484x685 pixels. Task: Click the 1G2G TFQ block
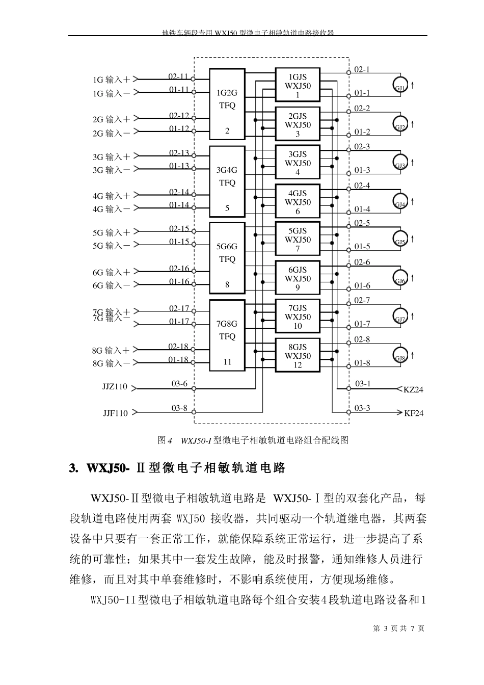pos(227,104)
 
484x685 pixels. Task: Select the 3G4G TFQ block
pos(227,181)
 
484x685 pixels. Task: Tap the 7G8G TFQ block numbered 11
pos(227,335)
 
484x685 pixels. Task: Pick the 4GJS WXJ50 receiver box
pos(298,202)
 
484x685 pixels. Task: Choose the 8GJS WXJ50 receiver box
pos(298,356)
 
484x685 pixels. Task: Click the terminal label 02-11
pos(179,76)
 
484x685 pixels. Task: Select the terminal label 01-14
pos(179,205)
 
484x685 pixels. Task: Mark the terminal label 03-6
pos(179,384)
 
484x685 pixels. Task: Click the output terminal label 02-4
pos(362,186)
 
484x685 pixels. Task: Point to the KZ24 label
pos(413,390)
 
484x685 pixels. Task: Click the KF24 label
pos(414,413)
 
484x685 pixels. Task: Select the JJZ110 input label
pos(115,387)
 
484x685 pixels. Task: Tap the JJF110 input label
pos(116,413)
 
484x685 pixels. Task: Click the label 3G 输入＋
pos(111,157)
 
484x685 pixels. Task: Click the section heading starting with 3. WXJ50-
pos(177,468)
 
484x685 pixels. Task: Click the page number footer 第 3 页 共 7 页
pos(398,628)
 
